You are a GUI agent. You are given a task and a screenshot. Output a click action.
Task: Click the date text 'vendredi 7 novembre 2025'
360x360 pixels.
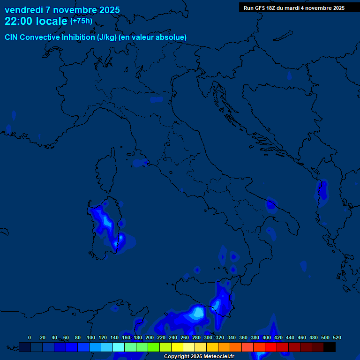click(x=62, y=10)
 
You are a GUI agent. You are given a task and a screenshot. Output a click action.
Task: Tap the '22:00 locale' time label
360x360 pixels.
click(x=36, y=21)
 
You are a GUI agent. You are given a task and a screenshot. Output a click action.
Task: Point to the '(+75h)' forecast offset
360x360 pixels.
click(x=81, y=21)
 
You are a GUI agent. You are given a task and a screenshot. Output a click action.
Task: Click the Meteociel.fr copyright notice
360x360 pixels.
click(x=199, y=357)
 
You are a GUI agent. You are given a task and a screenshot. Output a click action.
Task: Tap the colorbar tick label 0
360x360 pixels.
click(x=30, y=337)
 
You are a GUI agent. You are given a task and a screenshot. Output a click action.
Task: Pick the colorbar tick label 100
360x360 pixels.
click(x=90, y=337)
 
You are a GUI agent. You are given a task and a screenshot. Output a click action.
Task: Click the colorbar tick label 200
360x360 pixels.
click(x=150, y=337)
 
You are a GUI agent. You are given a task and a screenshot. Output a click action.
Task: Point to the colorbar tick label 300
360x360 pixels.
click(x=208, y=337)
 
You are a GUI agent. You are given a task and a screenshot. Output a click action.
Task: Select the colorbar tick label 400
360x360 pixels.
click(x=267, y=337)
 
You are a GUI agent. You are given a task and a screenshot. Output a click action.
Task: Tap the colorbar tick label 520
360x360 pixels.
click(x=337, y=337)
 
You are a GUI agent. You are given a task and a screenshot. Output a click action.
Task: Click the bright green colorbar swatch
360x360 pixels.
click(x=154, y=347)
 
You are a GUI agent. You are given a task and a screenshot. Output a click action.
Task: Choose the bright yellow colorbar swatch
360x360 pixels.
click(x=177, y=347)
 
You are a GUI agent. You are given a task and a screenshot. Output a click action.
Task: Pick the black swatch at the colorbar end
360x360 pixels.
click(x=330, y=347)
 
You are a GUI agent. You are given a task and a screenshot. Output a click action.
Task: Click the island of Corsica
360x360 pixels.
click(x=106, y=171)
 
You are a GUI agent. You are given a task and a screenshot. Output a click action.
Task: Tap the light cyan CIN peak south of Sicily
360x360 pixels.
click(x=198, y=311)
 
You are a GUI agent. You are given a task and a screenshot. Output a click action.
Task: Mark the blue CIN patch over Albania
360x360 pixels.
click(x=322, y=190)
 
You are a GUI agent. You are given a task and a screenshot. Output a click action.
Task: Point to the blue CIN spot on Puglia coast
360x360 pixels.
click(x=270, y=204)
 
